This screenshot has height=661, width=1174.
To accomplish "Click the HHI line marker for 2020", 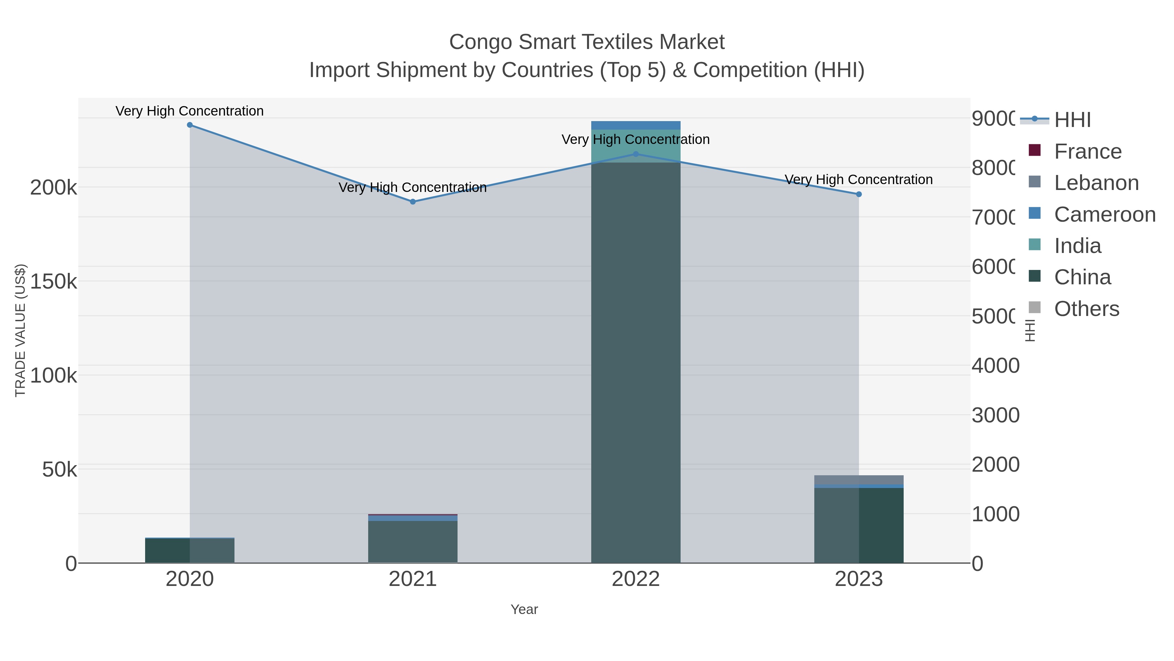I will (x=189, y=125).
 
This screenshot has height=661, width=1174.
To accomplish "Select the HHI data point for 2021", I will (x=413, y=202).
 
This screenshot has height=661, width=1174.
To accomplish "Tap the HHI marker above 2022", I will (x=636, y=154).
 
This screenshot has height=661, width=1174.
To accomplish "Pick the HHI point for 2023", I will (x=859, y=194).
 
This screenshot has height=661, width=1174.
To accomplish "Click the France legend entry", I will (x=1087, y=151).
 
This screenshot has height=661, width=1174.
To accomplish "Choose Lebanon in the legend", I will (x=1096, y=183).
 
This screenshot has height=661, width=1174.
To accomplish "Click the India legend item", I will (x=1077, y=246).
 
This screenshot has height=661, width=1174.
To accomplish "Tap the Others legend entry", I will (x=1087, y=309).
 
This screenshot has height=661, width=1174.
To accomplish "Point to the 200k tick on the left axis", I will (x=53, y=187).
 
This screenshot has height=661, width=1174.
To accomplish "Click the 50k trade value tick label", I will (x=59, y=470).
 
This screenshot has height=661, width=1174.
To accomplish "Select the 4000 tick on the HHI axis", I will (x=995, y=366).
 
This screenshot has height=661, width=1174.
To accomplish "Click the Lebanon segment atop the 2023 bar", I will (x=859, y=480).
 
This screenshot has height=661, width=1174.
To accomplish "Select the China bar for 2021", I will (x=413, y=542).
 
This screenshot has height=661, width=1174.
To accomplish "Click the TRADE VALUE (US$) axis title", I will (x=21, y=330).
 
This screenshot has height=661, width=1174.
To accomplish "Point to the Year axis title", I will (x=524, y=609).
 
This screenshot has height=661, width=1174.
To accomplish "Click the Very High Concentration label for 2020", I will (x=189, y=111).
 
